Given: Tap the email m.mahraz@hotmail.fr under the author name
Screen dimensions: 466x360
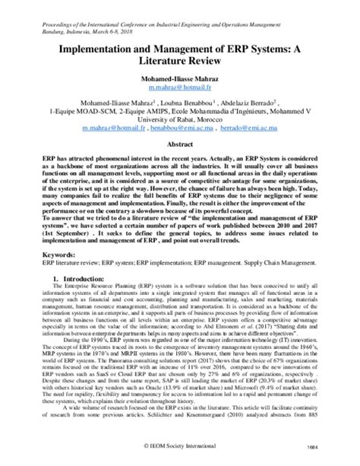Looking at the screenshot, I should point(179,88).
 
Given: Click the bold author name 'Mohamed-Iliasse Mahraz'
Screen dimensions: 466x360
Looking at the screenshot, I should point(179,78).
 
